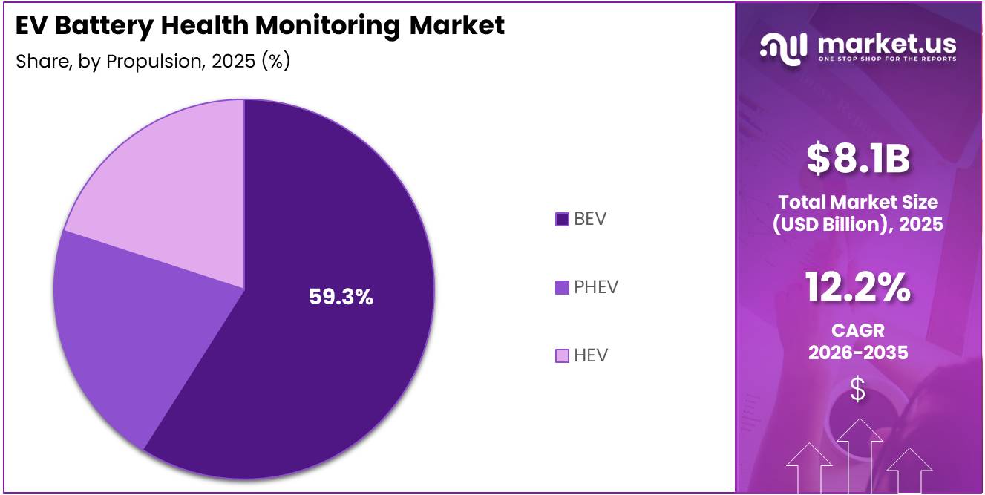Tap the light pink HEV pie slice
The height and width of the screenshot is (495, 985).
(171, 186)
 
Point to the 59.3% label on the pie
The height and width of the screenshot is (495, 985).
(341, 298)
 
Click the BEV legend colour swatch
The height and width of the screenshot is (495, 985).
(562, 219)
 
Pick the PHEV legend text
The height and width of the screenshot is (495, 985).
(596, 287)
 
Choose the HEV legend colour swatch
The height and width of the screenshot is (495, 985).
(562, 356)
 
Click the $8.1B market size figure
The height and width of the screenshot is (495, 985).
(858, 160)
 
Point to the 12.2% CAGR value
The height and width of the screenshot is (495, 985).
(858, 288)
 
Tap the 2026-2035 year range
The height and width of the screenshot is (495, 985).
(858, 353)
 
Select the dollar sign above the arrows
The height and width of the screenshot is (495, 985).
(858, 389)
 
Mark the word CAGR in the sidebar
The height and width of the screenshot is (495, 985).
(858, 331)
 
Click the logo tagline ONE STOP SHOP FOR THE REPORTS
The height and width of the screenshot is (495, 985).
(887, 59)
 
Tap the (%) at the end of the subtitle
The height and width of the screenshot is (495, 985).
(275, 61)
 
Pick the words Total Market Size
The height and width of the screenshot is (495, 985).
(858, 202)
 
